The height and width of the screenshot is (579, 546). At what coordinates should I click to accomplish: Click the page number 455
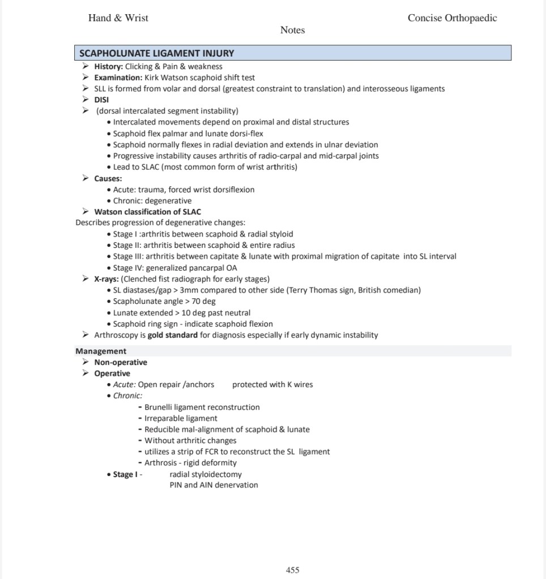(x=292, y=570)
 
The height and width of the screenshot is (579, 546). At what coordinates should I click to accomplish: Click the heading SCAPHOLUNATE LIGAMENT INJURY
(x=156, y=53)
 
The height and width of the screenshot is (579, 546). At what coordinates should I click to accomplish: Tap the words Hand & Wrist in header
(x=118, y=18)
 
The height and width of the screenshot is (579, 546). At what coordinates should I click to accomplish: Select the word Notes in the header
(x=292, y=30)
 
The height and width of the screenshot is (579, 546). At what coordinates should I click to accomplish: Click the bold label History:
(x=108, y=66)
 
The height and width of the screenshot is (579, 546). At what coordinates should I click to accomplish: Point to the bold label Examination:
(x=118, y=78)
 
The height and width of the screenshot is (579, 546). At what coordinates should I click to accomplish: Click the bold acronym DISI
(x=101, y=100)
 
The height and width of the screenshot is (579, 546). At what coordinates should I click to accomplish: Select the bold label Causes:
(x=108, y=178)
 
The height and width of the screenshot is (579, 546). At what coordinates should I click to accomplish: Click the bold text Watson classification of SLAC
(x=147, y=212)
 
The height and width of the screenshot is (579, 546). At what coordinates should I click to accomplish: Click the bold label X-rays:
(x=106, y=279)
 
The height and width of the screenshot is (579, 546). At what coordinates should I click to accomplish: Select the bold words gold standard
(x=173, y=335)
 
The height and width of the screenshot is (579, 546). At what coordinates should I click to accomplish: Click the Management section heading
(x=101, y=351)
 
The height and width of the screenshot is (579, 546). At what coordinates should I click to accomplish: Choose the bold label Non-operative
(x=120, y=362)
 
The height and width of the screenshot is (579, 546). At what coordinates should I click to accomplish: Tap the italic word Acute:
(x=124, y=385)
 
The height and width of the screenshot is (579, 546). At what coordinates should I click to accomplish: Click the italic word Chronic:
(x=127, y=396)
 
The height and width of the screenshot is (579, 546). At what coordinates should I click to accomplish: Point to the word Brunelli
(x=160, y=407)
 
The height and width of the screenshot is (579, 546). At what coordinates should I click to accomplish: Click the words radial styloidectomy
(x=206, y=474)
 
